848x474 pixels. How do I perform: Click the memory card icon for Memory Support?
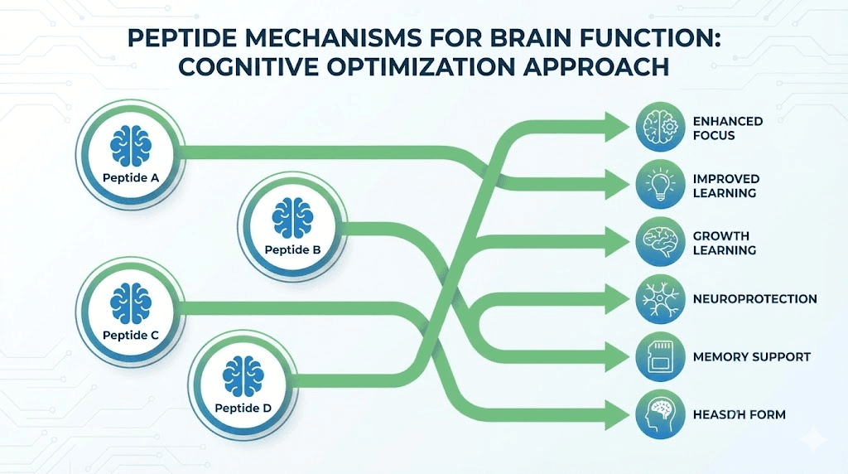[x=661, y=356]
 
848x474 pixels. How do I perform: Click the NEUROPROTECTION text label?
[x=754, y=299]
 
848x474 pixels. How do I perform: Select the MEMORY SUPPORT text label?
[x=751, y=357]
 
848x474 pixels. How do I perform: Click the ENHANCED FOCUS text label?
[x=727, y=128]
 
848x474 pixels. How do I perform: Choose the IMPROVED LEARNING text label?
[x=725, y=186]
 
